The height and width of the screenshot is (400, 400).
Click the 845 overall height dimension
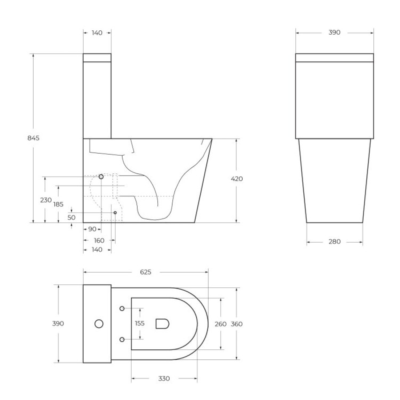(33, 138)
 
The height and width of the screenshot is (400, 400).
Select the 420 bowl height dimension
(237, 179)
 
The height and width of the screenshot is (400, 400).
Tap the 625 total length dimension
(145, 272)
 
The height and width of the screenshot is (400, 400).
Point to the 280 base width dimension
(334, 242)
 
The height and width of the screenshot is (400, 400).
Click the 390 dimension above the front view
(334, 33)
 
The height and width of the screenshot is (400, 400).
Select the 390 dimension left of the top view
(58, 323)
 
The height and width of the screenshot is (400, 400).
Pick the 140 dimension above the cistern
(97, 33)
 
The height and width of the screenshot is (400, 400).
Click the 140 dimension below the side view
(97, 249)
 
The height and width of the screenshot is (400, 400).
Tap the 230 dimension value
(45, 200)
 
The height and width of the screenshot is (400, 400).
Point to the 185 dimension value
(58, 204)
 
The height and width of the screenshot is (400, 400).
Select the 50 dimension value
(71, 217)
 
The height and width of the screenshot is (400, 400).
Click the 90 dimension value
(92, 229)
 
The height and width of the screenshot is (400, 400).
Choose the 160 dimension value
(99, 240)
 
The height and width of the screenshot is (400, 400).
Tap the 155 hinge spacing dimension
(140, 323)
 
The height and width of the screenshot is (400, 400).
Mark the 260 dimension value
(220, 324)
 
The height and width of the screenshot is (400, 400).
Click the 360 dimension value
(237, 324)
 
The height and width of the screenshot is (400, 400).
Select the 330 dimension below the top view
(164, 379)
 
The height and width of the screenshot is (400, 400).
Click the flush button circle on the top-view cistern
(99, 323)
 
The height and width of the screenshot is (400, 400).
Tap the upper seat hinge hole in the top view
(122, 308)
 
